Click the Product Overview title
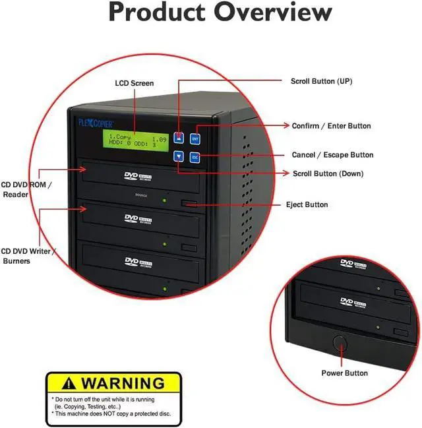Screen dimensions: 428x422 point(220,13)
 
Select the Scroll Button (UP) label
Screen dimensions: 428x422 point(321,82)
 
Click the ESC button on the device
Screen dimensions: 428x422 point(195,158)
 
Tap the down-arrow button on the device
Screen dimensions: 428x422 point(179,157)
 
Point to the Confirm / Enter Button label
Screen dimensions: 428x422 point(331,126)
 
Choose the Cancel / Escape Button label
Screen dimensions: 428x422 point(332,156)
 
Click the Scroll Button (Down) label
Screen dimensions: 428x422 point(327,174)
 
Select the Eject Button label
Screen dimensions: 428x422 point(307,205)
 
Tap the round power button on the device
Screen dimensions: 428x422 point(341,343)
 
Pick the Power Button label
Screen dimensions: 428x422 point(344,374)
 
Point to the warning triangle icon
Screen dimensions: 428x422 point(63,383)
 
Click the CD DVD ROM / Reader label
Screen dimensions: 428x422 point(25,189)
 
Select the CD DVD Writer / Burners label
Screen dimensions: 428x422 point(28,256)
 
